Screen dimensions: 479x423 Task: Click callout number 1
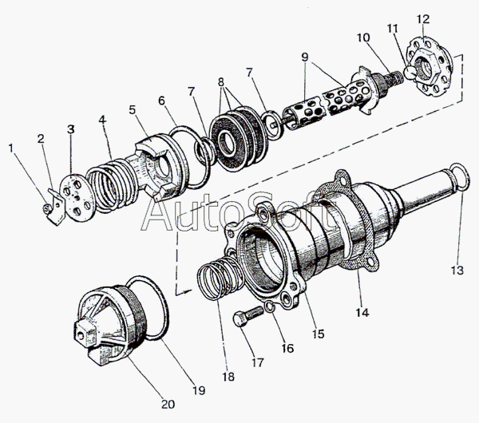(11, 148)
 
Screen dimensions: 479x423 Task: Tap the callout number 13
(457, 271)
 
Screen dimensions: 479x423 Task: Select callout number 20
(168, 404)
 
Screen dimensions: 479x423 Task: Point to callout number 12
(423, 19)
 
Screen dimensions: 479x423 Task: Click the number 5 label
(132, 110)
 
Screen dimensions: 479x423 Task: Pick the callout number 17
(257, 362)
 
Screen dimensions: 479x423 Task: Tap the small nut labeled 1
(46, 208)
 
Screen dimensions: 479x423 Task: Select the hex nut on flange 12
(425, 65)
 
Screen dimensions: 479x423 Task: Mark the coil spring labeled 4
(111, 185)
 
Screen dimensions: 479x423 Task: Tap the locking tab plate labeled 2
(56, 207)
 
